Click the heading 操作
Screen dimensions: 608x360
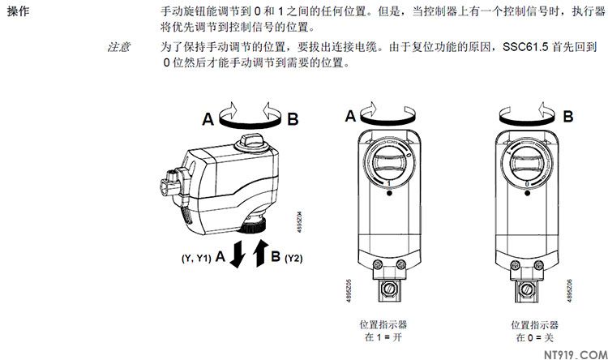[18, 11]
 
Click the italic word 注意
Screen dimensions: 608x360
[118, 47]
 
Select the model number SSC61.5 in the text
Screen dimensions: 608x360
[525, 47]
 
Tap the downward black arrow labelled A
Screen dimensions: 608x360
[238, 254]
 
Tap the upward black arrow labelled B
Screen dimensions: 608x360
[260, 253]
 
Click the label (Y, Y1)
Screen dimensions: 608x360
[196, 258]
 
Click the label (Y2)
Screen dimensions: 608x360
[293, 258]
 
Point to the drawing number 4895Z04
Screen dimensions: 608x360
[299, 222]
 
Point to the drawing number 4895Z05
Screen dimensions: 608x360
[348, 290]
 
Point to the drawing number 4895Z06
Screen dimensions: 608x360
[569, 290]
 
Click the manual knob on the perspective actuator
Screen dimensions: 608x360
[252, 144]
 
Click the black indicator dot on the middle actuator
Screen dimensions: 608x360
[390, 192]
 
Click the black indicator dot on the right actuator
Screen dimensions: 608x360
[528, 192]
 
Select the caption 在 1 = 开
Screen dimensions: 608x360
[383, 337]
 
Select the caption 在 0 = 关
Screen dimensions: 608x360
[534, 337]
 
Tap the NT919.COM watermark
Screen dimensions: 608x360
[576, 354]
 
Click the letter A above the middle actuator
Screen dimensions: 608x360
[350, 116]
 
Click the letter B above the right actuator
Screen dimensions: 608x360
[568, 116]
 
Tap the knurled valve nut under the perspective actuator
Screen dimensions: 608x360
[251, 225]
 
